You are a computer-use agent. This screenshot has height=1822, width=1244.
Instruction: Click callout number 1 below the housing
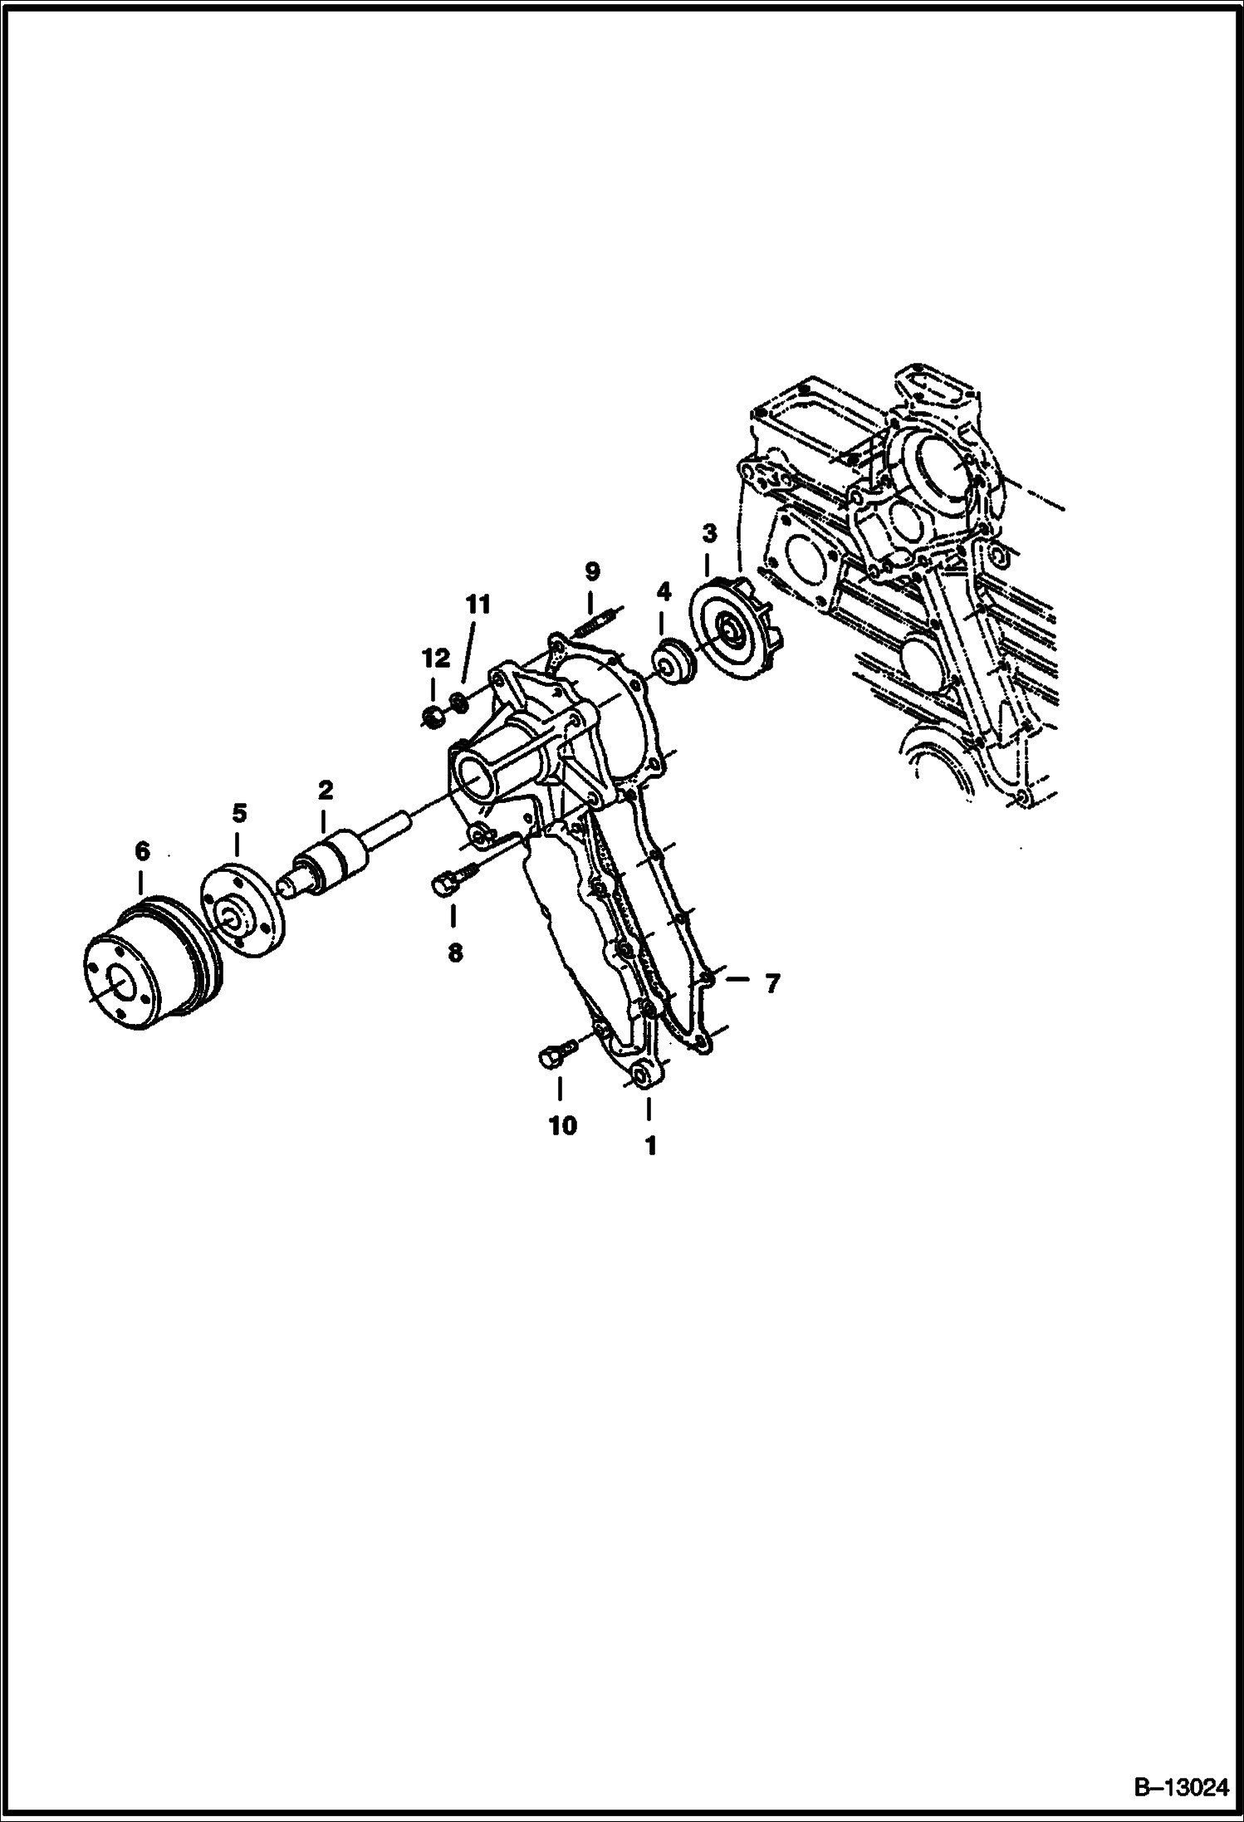(x=651, y=1146)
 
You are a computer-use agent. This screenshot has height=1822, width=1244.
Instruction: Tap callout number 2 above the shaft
(x=325, y=790)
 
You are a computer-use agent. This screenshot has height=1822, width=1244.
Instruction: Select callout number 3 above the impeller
(x=709, y=532)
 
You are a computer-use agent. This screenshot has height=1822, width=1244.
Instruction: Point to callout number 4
(x=664, y=591)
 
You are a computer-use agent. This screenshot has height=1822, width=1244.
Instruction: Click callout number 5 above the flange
(x=239, y=812)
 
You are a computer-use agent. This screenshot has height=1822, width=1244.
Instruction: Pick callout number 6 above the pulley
(x=142, y=850)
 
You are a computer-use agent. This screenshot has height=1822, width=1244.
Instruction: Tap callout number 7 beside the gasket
(x=772, y=984)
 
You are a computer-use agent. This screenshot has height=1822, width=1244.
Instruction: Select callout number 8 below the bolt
(x=455, y=953)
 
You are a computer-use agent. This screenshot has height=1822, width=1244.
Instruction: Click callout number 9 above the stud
(x=591, y=571)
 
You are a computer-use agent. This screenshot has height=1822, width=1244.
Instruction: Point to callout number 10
(x=562, y=1126)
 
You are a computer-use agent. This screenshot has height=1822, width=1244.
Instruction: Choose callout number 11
(x=478, y=605)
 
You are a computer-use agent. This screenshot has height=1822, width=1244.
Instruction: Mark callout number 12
(x=436, y=659)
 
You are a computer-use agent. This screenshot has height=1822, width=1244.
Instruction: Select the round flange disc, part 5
(x=244, y=911)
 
